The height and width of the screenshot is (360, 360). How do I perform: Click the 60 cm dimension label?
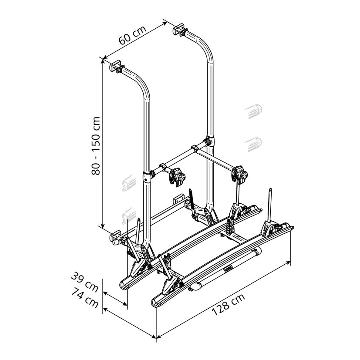pos(132,35)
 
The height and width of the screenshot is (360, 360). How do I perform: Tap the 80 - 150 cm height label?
pos(96,146)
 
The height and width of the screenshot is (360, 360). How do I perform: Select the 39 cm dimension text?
pos(84,282)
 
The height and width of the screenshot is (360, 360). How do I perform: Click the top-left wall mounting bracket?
pos(115,66)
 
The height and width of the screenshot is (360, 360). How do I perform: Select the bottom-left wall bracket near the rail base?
pos(115,237)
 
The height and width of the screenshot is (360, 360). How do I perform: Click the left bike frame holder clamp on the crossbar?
pos(177,177)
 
